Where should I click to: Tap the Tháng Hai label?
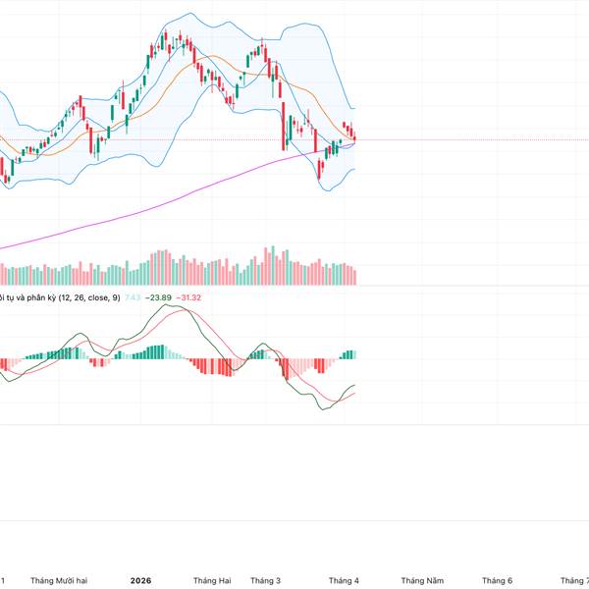[212, 580]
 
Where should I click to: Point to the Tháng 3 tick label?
[266, 580]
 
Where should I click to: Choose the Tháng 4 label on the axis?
[344, 580]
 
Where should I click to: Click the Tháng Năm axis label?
[423, 580]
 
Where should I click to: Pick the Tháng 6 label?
[496, 580]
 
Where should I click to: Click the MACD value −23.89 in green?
[158, 297]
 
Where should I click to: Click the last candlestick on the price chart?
[353, 137]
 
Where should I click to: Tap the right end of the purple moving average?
[354, 140]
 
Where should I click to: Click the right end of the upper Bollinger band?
[354, 108]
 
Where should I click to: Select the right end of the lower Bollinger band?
[354, 169]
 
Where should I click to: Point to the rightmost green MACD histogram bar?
[353, 354]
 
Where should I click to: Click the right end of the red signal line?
[354, 394]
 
